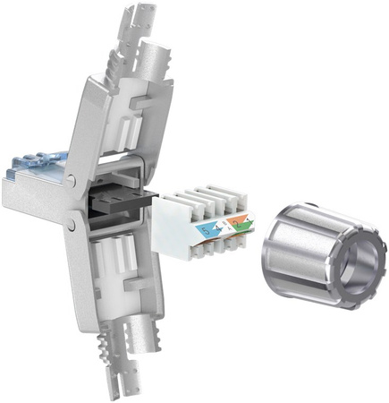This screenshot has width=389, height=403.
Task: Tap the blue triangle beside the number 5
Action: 202,227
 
